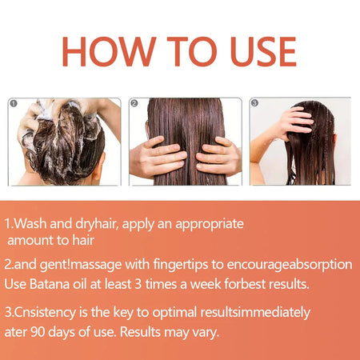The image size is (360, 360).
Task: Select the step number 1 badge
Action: [14, 103]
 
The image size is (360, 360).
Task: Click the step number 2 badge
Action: [134, 103]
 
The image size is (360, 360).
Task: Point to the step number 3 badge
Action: [254, 103]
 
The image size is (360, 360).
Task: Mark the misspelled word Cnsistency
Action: [47, 312]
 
